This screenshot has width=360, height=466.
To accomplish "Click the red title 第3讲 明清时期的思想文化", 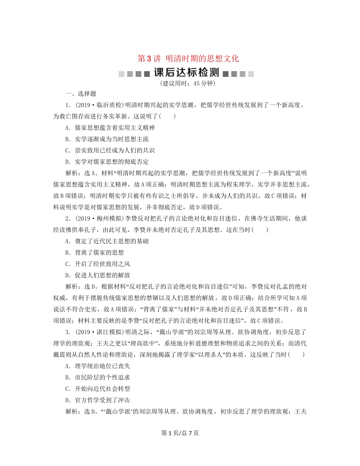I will coord(188,59).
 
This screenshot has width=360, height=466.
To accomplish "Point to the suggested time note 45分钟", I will coord(188,83).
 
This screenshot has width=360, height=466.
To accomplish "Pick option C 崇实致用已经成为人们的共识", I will coord(110,150).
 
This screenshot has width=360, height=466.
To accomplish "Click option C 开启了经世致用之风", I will coord(98,264).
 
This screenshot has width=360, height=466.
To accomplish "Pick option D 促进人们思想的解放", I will coord(98,275).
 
